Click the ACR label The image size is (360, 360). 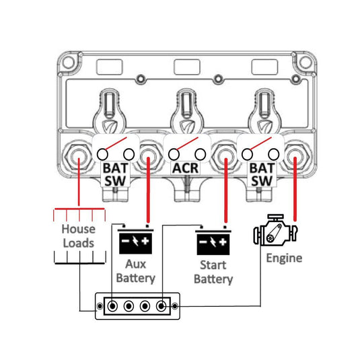click(x=186, y=168)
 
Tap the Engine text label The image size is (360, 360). click(x=284, y=258)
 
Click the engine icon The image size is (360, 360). click(x=275, y=230)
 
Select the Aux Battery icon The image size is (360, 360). click(x=135, y=240)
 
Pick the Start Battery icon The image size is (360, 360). click(x=213, y=241)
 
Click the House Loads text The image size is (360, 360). click(x=79, y=236)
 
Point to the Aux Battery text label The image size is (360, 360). click(x=135, y=271)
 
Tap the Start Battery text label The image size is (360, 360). click(x=213, y=273)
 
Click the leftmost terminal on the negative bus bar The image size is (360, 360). click(x=112, y=306)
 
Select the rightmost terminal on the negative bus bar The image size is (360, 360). click(x=161, y=306)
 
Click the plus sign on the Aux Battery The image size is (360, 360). click(x=145, y=241)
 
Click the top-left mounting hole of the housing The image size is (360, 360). click(x=69, y=63)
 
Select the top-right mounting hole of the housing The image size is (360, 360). click(x=305, y=63)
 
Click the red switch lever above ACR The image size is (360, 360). click(x=186, y=144)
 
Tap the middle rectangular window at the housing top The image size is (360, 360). click(x=187, y=67)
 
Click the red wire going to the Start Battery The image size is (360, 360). click(x=225, y=190)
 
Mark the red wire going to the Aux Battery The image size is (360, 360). click(x=148, y=190)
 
